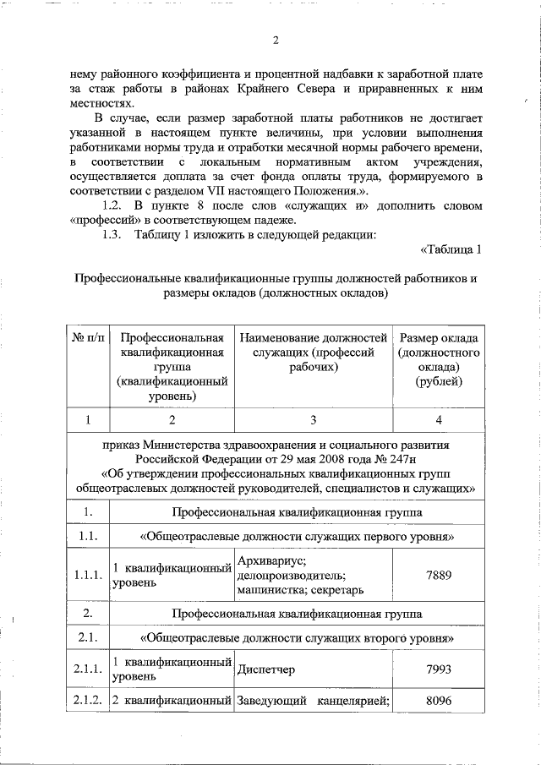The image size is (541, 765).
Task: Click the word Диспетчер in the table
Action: point(265,669)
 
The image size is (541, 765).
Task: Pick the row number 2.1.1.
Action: point(88,669)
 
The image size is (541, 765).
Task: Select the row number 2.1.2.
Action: point(88,700)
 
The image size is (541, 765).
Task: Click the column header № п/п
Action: point(88,339)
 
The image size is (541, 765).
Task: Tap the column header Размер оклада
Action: point(439,339)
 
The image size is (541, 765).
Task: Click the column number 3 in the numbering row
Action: point(313,418)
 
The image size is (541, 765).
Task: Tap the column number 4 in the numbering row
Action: point(439,418)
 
